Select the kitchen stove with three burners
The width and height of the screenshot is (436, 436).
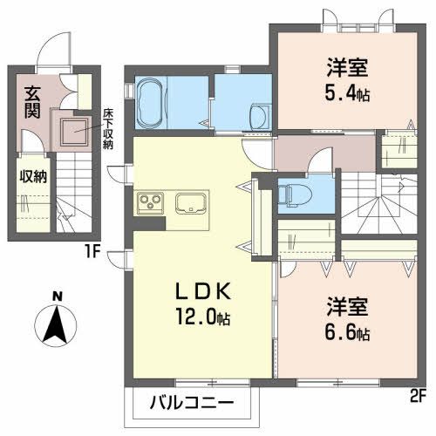click(x=149, y=204)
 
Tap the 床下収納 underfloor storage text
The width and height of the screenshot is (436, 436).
click(x=109, y=126)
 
